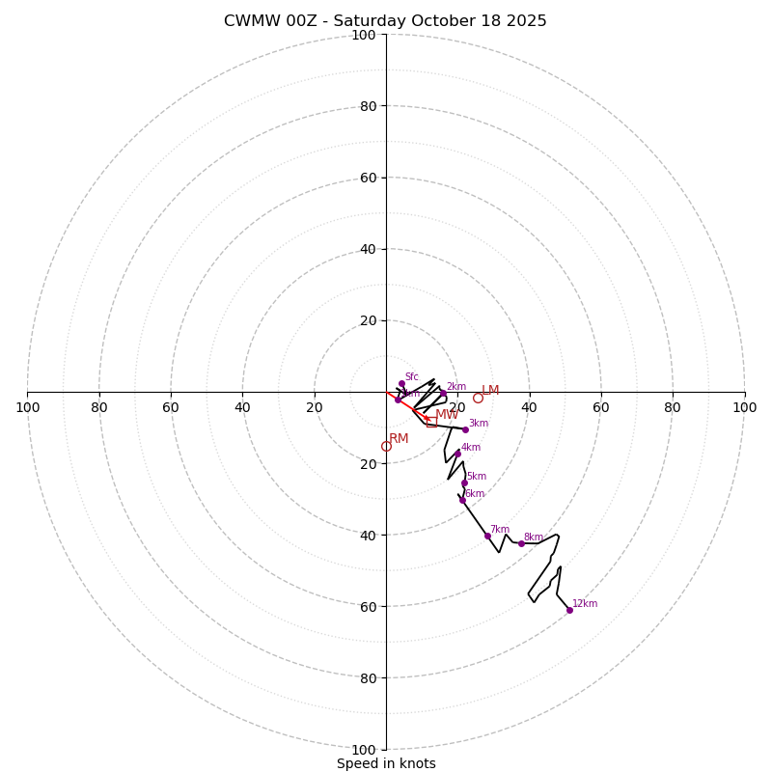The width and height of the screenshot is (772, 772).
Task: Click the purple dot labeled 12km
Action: click(569, 610)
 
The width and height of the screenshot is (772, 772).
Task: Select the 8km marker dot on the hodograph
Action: click(521, 543)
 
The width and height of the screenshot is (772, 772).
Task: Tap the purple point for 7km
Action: click(487, 536)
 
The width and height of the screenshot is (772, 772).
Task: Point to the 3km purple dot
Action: click(465, 429)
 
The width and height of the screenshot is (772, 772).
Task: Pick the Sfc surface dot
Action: click(401, 384)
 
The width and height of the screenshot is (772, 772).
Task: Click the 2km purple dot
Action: click(444, 394)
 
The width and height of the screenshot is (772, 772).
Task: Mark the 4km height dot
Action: click(457, 454)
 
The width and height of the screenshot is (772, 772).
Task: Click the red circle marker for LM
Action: click(478, 398)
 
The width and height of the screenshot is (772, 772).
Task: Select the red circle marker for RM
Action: click(386, 446)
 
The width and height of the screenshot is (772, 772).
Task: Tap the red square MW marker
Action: click(431, 423)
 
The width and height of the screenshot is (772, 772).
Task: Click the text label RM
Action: click(399, 439)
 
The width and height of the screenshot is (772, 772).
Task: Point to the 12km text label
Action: click(585, 604)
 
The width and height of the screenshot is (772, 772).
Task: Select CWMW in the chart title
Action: click(248, 21)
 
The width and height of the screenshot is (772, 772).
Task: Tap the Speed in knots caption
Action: click(386, 763)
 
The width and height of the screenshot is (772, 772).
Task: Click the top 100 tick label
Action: click(364, 35)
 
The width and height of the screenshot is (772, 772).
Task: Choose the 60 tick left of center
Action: click(171, 407)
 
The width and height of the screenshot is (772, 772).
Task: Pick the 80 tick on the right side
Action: click(673, 407)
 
